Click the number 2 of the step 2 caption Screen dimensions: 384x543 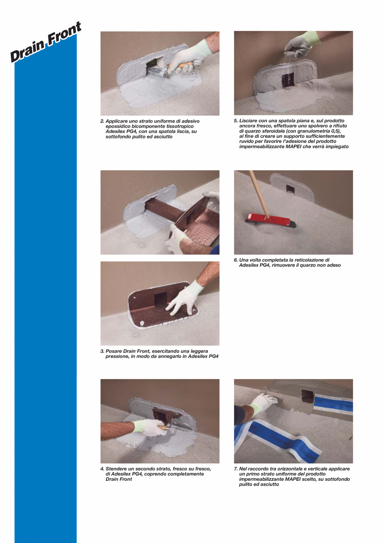(102, 121)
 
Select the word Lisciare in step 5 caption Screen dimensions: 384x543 (249, 121)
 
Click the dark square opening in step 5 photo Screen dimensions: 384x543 (288, 79)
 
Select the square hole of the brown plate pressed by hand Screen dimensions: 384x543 (161, 299)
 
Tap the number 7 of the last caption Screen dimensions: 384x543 (235, 469)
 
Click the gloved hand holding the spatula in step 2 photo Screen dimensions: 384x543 (184, 58)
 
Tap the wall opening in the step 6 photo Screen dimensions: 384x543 (290, 189)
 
